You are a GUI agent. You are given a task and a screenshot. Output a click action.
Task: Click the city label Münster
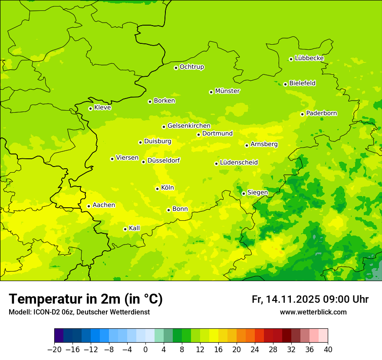(x=227, y=91)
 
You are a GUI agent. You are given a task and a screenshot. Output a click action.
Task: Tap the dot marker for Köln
(x=157, y=189)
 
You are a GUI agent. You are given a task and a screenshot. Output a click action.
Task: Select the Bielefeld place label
(x=302, y=83)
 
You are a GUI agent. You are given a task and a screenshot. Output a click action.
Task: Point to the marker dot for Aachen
(x=89, y=206)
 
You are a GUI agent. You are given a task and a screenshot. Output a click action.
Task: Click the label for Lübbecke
(x=309, y=58)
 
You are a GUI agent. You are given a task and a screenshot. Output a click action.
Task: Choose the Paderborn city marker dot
(x=302, y=114)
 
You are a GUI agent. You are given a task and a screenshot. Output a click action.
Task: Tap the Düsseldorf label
(x=163, y=160)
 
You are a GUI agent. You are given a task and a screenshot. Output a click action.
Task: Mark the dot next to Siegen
(x=244, y=193)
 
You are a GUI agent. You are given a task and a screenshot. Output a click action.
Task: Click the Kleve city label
(x=102, y=108)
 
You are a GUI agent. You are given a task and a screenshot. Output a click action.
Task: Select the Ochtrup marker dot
(x=176, y=68)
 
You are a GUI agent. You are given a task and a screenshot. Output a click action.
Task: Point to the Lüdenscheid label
(x=239, y=163)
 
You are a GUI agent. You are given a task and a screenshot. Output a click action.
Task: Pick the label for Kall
(x=135, y=228)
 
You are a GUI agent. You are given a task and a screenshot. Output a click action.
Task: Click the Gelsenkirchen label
(x=189, y=126)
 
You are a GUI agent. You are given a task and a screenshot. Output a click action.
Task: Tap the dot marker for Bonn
(x=168, y=210)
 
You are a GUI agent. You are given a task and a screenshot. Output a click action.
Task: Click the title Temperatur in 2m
(x=86, y=299)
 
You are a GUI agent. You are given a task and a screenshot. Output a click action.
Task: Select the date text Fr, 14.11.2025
(x=286, y=299)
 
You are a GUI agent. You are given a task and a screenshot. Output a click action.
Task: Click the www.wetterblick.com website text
(x=313, y=312)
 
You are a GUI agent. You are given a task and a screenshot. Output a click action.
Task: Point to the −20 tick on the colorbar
(x=54, y=349)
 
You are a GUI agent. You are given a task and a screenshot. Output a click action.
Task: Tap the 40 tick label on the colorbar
(x=328, y=349)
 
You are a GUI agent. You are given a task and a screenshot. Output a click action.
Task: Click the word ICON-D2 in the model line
(x=44, y=312)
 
